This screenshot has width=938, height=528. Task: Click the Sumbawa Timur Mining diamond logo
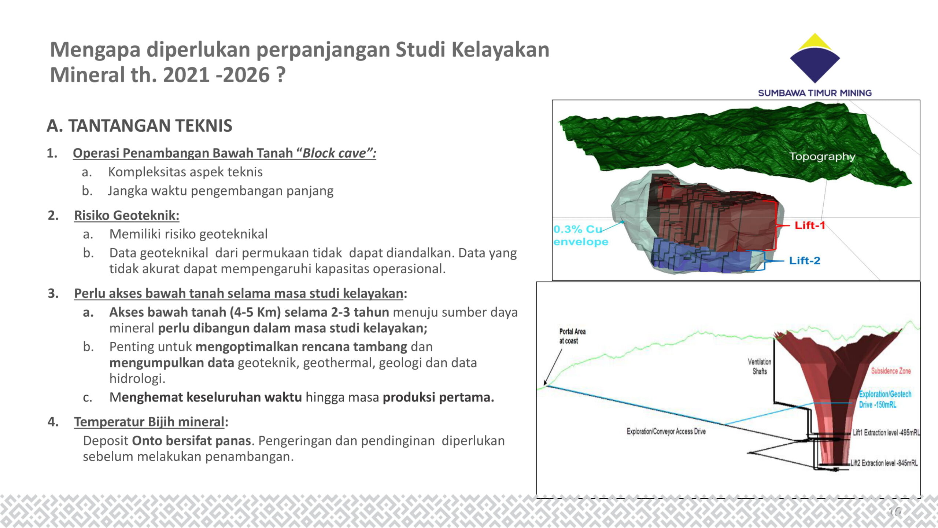coord(815,58)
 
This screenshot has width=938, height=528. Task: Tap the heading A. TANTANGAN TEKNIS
coord(139,126)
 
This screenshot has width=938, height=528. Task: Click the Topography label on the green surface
coord(822,157)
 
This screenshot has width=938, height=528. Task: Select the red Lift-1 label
coord(810,225)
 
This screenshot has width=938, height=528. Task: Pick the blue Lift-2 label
coord(805,260)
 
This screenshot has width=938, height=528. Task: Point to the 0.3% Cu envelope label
coord(581,235)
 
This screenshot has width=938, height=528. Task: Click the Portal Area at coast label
coord(572,336)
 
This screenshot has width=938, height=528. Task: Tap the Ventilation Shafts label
coord(760,366)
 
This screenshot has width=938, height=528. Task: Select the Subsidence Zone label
coord(891,371)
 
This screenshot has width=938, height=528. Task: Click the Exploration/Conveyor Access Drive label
coord(666,431)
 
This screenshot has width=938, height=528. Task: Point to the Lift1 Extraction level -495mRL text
coord(886,433)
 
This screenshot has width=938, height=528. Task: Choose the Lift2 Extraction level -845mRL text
coord(884,463)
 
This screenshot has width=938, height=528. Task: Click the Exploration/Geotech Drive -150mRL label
coord(885,399)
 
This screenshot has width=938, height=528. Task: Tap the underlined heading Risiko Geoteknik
coord(127,216)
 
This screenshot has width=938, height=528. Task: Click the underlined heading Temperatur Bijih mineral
coord(149,422)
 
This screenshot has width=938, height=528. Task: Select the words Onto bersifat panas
coord(191,440)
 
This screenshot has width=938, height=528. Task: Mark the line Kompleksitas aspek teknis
coord(185,172)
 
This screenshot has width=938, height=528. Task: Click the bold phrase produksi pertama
coord(438,397)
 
